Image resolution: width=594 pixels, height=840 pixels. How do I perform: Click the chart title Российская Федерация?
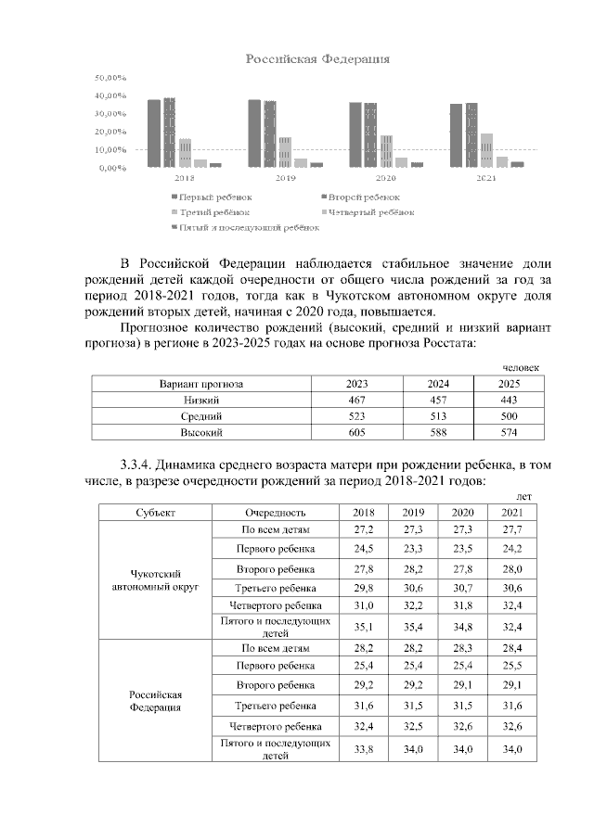(316, 59)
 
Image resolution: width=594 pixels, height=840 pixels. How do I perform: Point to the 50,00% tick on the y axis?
(110, 78)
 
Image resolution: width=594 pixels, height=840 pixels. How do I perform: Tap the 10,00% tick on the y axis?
(110, 149)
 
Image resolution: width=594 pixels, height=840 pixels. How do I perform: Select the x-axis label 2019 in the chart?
(285, 176)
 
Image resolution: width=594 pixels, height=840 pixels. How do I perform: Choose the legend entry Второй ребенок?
(361, 197)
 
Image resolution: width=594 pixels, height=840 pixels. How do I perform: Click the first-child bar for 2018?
(154, 133)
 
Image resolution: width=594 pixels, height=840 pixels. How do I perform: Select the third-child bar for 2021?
(486, 150)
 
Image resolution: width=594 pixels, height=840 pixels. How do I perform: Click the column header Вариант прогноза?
(200, 384)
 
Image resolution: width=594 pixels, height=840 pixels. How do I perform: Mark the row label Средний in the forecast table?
(200, 416)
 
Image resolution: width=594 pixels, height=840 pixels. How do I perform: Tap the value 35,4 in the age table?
(412, 626)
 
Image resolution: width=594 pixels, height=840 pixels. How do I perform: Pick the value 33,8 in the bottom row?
(363, 748)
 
